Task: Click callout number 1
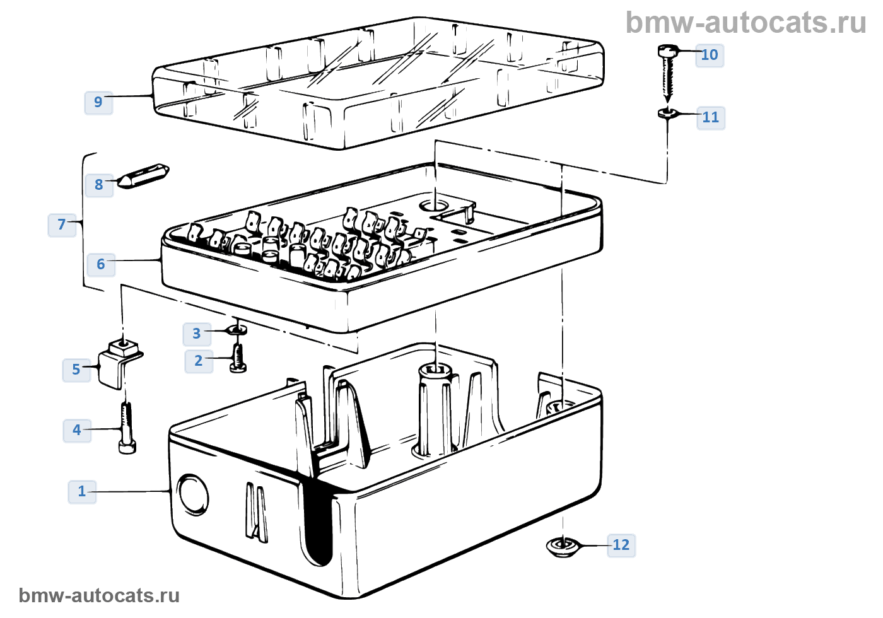tap(81, 491)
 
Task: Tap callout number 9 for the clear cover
tap(98, 102)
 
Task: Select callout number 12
tap(621, 545)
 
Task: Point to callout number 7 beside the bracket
tap(62, 224)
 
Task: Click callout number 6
tap(100, 264)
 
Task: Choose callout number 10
tap(709, 55)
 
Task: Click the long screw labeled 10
tap(667, 73)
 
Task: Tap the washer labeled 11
tap(667, 114)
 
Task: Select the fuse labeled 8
tap(144, 176)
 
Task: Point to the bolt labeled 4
tap(127, 428)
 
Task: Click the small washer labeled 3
tap(237, 329)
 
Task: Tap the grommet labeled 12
tap(562, 547)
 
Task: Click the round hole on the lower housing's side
tap(193, 495)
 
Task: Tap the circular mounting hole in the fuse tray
tap(434, 205)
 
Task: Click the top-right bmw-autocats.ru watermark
tap(746, 23)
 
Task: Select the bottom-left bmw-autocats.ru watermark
tap(100, 595)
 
